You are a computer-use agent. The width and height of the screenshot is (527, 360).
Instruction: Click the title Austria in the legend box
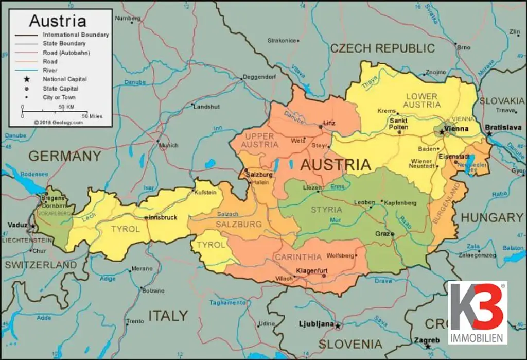[x=57, y=21]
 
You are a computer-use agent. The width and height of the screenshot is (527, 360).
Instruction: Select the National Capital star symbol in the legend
[x=26, y=79]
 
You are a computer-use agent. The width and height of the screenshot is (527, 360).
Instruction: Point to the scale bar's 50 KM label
[x=66, y=107]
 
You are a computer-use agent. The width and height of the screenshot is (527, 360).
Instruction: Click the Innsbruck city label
[x=162, y=217]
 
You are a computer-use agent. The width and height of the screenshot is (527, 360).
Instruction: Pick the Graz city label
[x=382, y=233]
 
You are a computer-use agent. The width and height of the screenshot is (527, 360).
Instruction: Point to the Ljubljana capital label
[x=316, y=324]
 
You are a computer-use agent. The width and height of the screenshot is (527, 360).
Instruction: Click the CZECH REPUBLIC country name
[x=382, y=48]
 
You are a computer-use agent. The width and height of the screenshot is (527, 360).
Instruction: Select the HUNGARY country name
[x=491, y=218]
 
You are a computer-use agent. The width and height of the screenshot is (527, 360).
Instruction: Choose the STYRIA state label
[x=326, y=210]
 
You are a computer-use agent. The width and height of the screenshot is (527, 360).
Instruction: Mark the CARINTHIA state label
[x=298, y=256]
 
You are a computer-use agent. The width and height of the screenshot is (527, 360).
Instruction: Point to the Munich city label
[x=169, y=146]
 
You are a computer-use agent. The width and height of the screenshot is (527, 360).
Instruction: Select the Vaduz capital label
[x=18, y=225]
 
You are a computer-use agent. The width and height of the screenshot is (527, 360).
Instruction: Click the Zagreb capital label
[x=427, y=340]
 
